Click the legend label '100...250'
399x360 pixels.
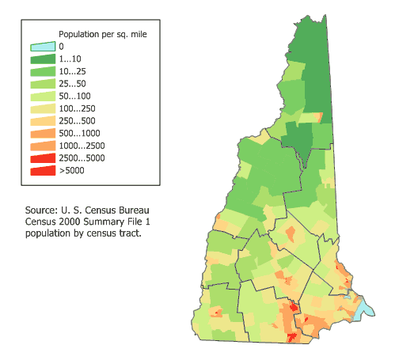point(77,108)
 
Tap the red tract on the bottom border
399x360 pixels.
point(293,337)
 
